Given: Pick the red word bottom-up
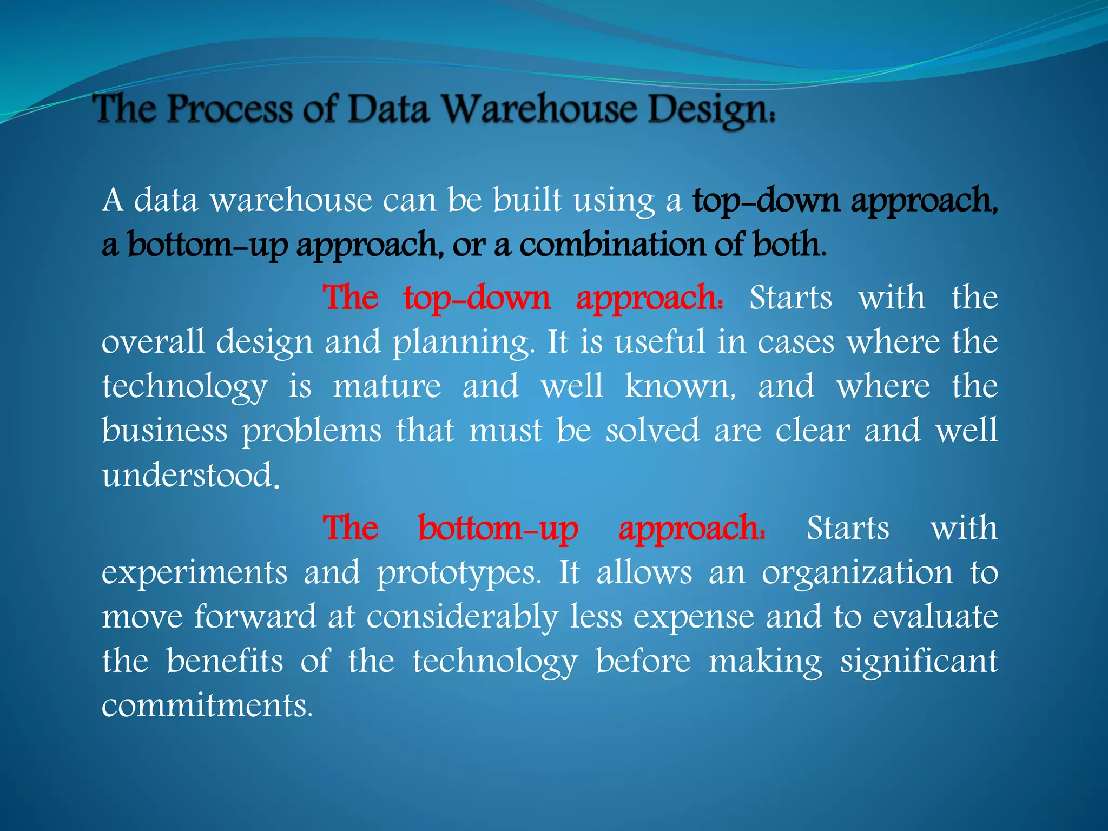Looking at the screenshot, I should (x=498, y=529).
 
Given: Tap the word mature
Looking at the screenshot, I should (x=387, y=386).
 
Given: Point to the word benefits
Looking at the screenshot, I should (x=225, y=661).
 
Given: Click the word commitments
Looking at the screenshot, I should (x=207, y=705).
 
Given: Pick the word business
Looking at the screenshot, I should (x=164, y=431).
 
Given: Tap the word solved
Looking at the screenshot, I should (x=652, y=431).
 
